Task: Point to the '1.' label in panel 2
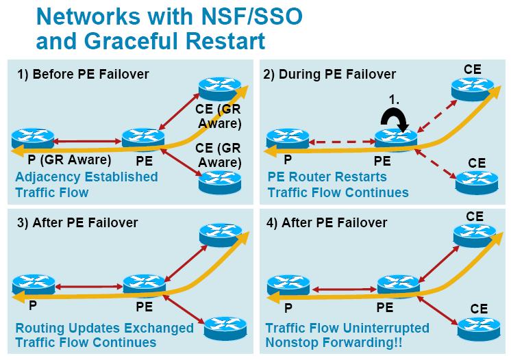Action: (x=395, y=100)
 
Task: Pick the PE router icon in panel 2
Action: (x=396, y=139)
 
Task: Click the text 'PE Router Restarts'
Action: (x=327, y=177)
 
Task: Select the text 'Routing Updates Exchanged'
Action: (x=102, y=328)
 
